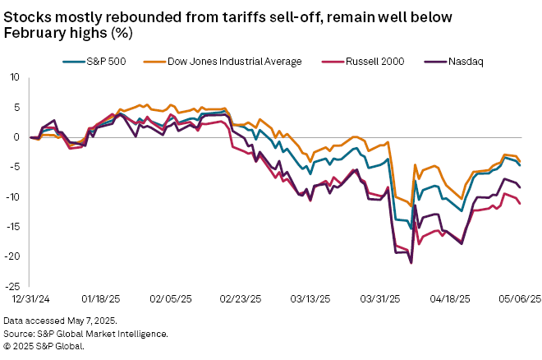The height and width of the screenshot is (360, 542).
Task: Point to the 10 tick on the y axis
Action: (x=13, y=77)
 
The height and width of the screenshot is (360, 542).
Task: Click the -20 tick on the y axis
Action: (x=11, y=256)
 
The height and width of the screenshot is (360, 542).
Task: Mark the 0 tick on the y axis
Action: (x=16, y=137)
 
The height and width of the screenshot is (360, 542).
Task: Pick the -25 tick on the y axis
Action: (x=11, y=286)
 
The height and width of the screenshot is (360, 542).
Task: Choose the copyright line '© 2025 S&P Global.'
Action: (x=44, y=346)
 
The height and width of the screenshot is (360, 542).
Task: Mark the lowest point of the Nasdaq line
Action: (x=411, y=262)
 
